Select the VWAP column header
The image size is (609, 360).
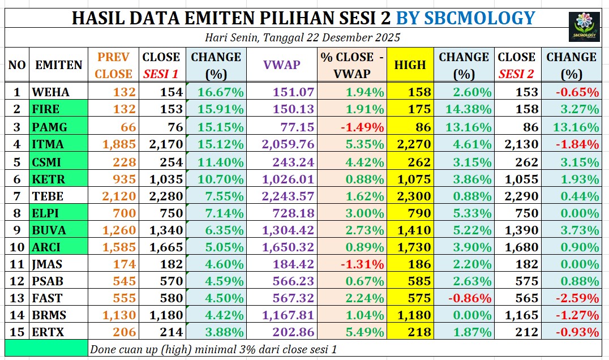click(x=281, y=65)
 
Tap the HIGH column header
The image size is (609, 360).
click(x=410, y=65)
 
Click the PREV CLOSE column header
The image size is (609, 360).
click(x=113, y=65)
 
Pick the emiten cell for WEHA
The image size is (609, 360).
click(x=58, y=92)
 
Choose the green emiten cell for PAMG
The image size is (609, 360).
click(x=58, y=127)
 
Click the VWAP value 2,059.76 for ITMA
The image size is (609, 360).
click(x=281, y=144)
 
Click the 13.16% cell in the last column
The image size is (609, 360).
click(x=572, y=127)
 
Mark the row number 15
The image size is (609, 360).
click(x=17, y=332)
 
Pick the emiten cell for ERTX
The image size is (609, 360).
click(x=58, y=332)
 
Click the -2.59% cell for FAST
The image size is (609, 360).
click(x=572, y=297)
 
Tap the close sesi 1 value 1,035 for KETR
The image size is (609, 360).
click(x=163, y=179)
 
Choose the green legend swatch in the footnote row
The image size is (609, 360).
click(x=46, y=348)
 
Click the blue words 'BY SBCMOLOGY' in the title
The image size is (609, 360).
click(x=465, y=18)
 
